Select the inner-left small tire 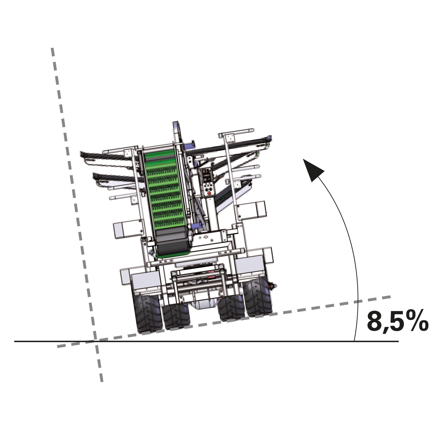pyautogui.click(x=176, y=317)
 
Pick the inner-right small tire pyautogui.click(x=231, y=308)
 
